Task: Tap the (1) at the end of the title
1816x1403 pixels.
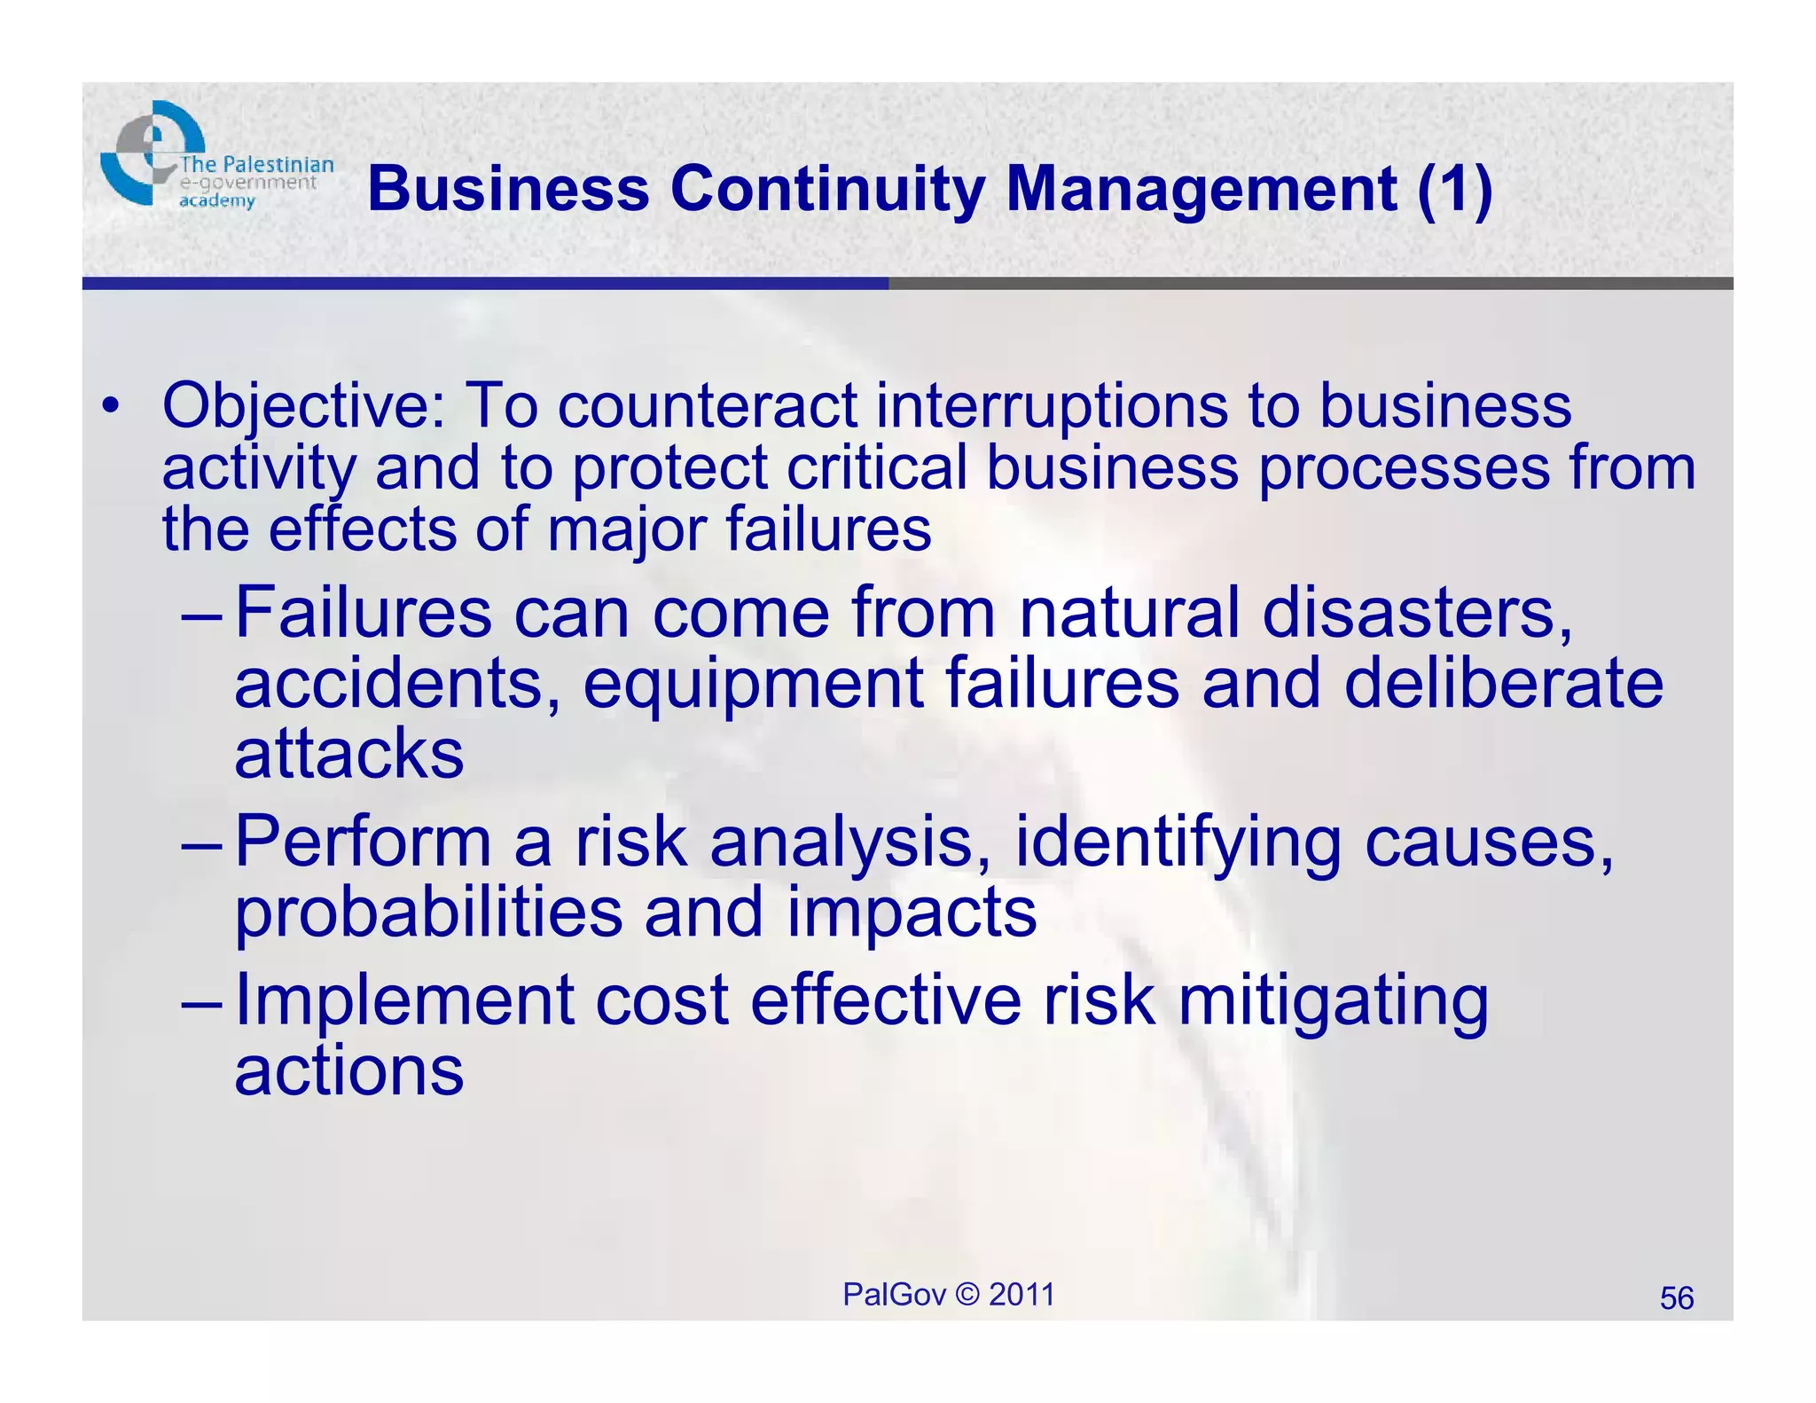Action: [x=1454, y=190]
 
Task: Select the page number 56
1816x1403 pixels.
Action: [x=1676, y=1298]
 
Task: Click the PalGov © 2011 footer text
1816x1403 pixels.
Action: [x=948, y=1295]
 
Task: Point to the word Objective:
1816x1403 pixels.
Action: [x=304, y=406]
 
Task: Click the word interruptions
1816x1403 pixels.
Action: [x=1051, y=406]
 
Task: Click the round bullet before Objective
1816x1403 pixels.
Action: [x=109, y=406]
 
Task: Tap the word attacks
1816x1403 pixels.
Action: [x=348, y=754]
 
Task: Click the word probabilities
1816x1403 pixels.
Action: [x=428, y=913]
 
